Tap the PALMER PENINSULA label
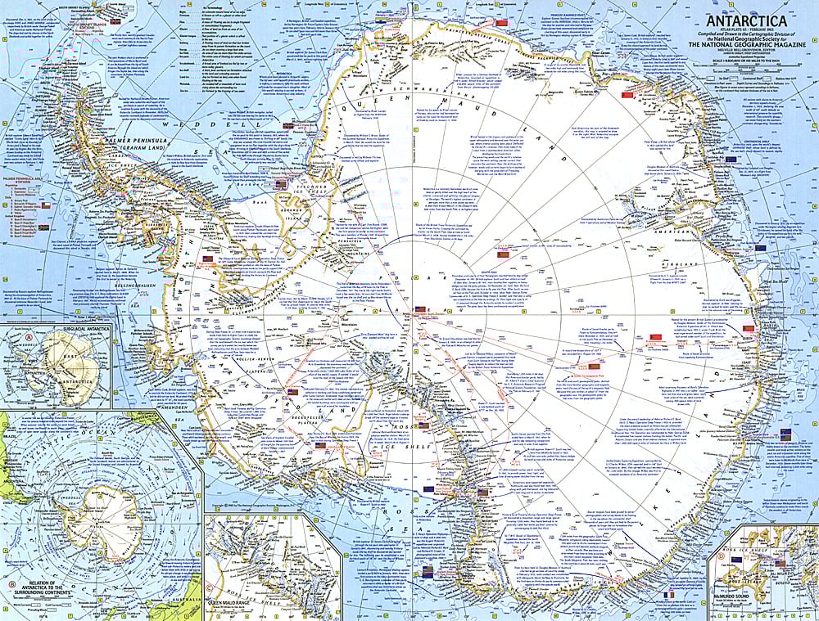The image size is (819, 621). click(65, 149)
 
